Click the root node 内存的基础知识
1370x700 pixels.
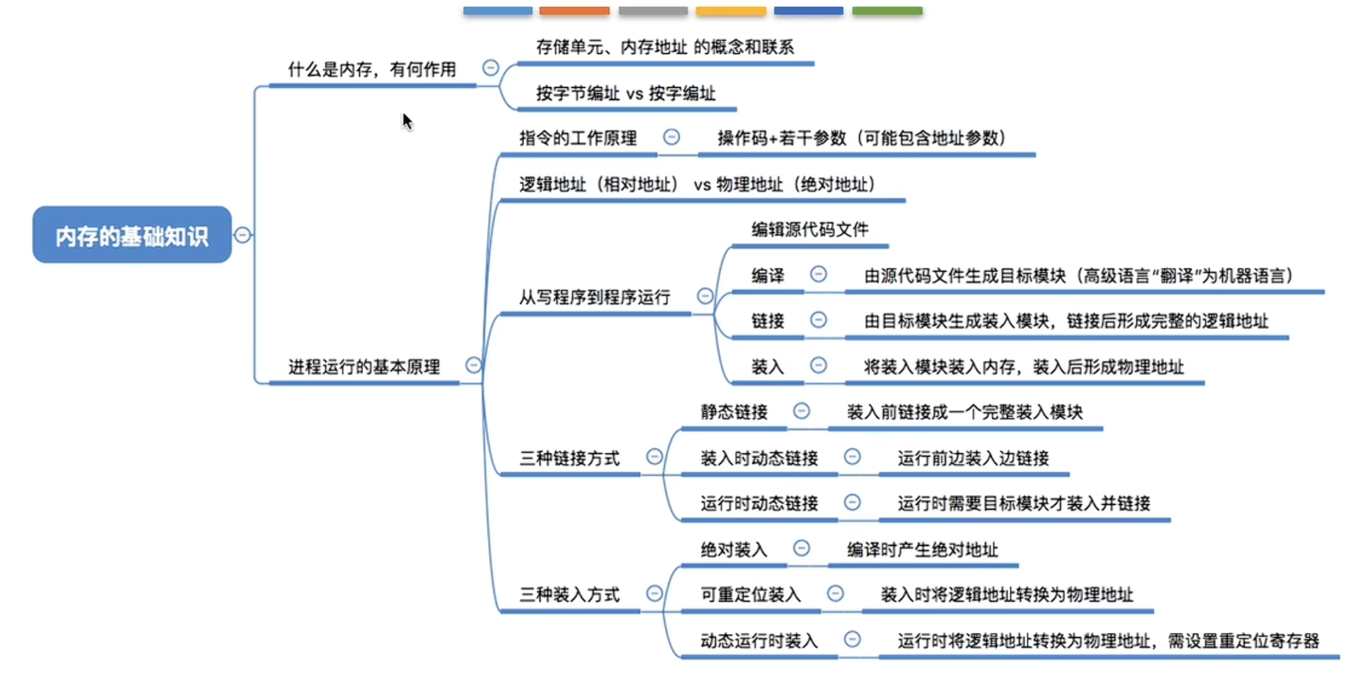pos(132,235)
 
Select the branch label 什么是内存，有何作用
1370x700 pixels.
pos(372,69)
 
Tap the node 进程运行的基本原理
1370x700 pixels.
pos(364,367)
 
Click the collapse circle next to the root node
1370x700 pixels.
pos(243,235)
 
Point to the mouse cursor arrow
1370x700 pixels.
pos(407,122)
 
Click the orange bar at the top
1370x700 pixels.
pos(574,10)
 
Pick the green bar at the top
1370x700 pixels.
pos(888,10)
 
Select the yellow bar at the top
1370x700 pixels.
pos(731,10)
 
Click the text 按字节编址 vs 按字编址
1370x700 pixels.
pos(625,94)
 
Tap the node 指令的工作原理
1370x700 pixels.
pos(578,138)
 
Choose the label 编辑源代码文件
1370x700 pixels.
pos(810,230)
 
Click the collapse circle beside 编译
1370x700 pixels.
pos(818,274)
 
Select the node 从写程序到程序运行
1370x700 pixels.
pos(595,298)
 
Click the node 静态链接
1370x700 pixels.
pos(734,412)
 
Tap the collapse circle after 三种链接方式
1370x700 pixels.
pos(654,456)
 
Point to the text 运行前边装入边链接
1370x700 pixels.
pos(973,459)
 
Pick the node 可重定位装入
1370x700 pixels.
pos(750,595)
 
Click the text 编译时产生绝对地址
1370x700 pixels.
pos(922,550)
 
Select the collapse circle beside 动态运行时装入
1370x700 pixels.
pos(852,640)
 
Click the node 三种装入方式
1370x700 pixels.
pos(570,595)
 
